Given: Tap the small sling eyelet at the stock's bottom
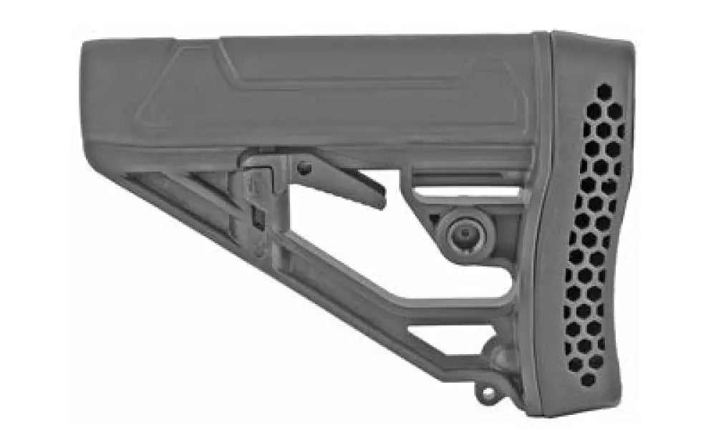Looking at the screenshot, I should click(x=489, y=391).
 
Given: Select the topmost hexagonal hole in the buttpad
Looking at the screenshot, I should click(x=604, y=92).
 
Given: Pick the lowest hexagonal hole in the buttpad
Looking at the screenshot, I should click(x=587, y=379).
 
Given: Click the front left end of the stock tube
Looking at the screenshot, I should click(x=86, y=93).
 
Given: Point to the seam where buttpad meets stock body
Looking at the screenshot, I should click(x=546, y=215).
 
